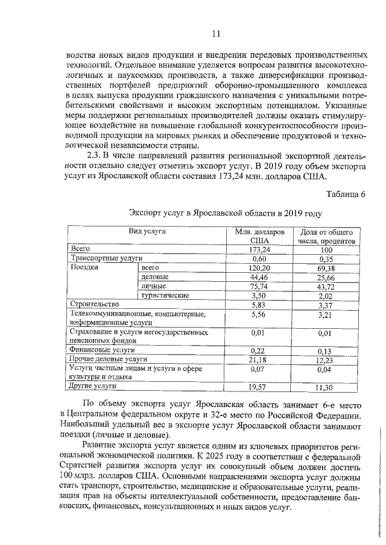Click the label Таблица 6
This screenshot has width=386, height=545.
(x=346, y=193)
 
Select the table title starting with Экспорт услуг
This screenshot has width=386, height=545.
(x=225, y=213)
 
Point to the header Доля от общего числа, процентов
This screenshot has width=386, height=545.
(x=326, y=236)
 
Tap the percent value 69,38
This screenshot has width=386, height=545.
(x=326, y=267)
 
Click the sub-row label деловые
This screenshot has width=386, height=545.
(x=154, y=276)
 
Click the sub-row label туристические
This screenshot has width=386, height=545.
(x=165, y=295)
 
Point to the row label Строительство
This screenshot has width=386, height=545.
(x=95, y=305)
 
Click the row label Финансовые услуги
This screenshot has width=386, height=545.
(x=101, y=349)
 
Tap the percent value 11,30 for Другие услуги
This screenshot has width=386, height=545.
(x=326, y=387)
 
